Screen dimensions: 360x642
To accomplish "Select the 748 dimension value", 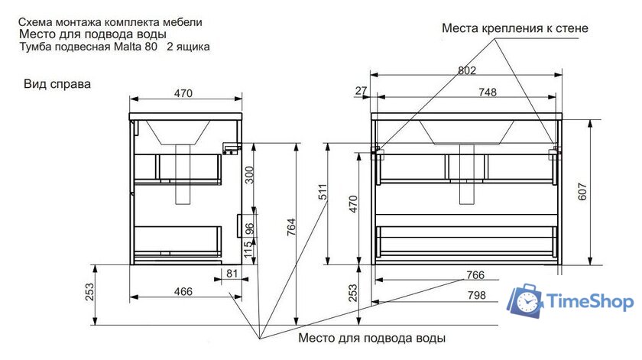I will pyautogui.click(x=488, y=92).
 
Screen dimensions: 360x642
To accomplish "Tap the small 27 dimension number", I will pyautogui.click(x=362, y=92).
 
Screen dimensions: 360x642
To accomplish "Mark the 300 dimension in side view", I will pyautogui.click(x=248, y=177).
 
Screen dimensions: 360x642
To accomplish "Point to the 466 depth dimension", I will pyautogui.click(x=182, y=291).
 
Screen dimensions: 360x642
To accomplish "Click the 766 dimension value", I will pyautogui.click(x=475, y=275).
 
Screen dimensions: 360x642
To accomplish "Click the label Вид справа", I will pyautogui.click(x=57, y=84).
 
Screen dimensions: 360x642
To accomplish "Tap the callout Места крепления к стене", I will pyautogui.click(x=515, y=28).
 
